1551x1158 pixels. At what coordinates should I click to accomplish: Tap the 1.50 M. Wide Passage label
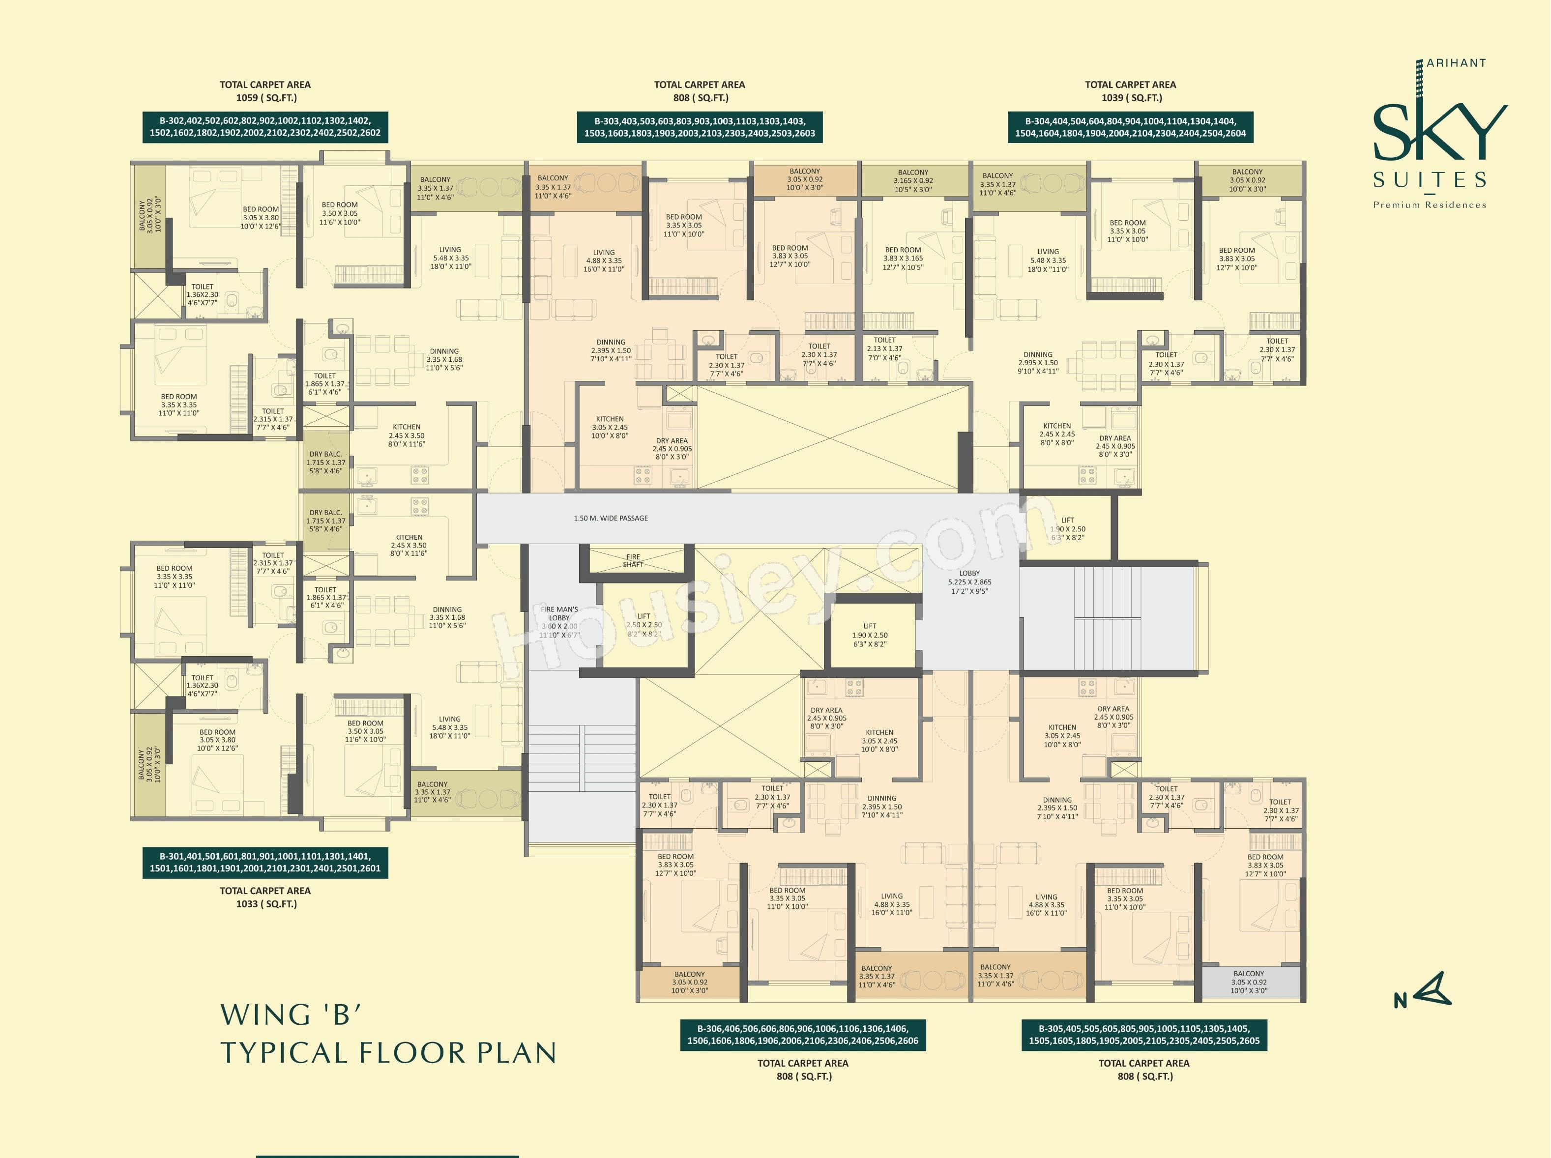(611, 518)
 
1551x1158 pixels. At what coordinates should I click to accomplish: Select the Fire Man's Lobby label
(559, 622)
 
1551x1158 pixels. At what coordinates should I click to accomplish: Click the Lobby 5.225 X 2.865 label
(970, 582)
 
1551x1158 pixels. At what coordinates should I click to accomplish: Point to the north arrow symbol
(1423, 990)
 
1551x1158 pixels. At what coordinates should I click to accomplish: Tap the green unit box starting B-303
(700, 127)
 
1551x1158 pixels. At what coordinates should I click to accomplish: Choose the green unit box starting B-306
(803, 1035)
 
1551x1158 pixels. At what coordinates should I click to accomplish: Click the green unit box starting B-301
(265, 862)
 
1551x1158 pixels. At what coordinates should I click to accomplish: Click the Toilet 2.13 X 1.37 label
(885, 349)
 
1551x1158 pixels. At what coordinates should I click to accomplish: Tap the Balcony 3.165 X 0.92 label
(913, 181)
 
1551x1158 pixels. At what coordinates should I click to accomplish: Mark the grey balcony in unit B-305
(1249, 982)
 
